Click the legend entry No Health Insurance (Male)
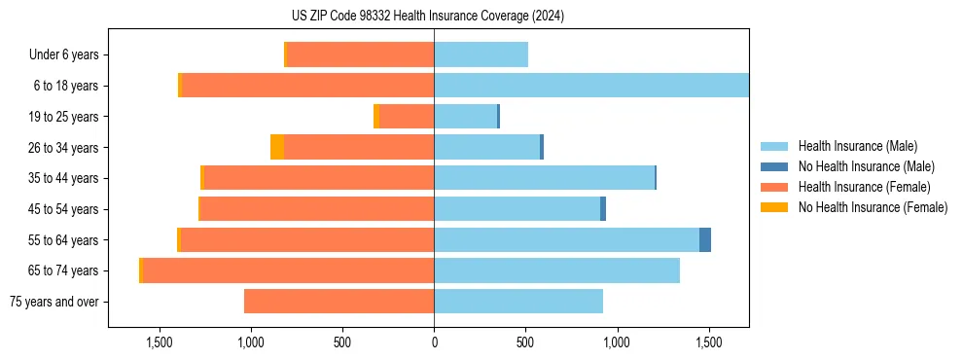(x=866, y=166)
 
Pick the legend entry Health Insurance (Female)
(x=865, y=187)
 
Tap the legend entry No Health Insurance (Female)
(x=873, y=207)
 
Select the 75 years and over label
(x=54, y=302)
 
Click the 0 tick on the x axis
(x=434, y=342)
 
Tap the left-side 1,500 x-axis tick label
(x=160, y=342)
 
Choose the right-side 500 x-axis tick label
(x=525, y=342)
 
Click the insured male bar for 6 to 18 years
(x=591, y=86)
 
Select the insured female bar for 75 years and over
(x=339, y=302)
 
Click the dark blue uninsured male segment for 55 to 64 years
(x=705, y=239)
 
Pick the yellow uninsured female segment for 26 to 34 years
(x=277, y=147)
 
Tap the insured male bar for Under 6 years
(x=481, y=55)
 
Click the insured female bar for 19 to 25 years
(x=407, y=117)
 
